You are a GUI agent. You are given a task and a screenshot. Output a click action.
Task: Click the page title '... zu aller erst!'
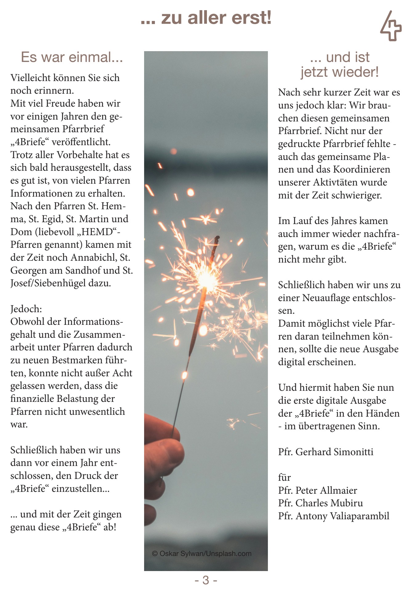(x=206, y=18)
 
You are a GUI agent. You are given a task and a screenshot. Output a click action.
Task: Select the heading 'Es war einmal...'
(x=72, y=57)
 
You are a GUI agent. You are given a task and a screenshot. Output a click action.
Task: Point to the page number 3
(x=206, y=580)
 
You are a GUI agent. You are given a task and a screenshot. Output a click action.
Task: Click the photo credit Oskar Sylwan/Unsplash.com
(x=202, y=553)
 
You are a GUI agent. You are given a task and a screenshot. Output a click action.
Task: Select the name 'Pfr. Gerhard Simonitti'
(x=325, y=452)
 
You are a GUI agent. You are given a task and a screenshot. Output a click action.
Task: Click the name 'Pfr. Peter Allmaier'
(x=317, y=490)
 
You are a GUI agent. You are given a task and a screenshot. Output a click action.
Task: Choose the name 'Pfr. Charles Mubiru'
(x=320, y=503)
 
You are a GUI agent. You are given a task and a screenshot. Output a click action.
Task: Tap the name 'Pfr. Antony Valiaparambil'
(x=333, y=516)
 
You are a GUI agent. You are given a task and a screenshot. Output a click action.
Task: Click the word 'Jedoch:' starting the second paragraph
(x=26, y=309)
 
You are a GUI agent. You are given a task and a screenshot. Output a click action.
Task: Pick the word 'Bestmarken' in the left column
(x=77, y=360)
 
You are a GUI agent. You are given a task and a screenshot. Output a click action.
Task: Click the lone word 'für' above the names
(x=284, y=477)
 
